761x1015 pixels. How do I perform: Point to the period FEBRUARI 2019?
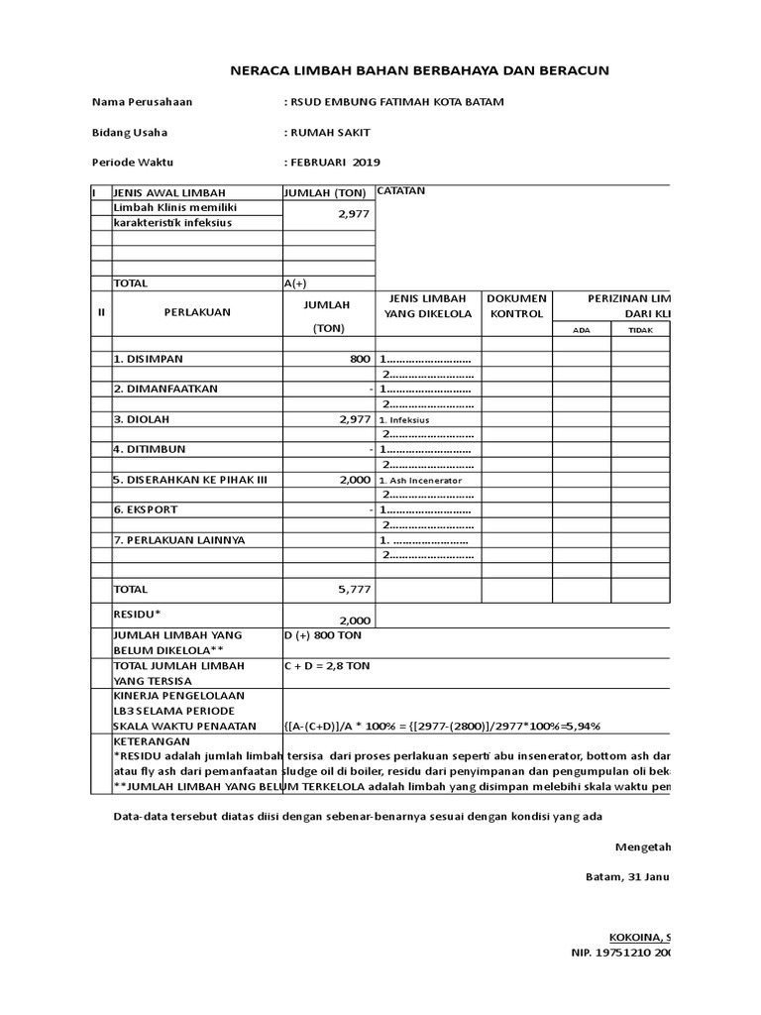tap(332, 162)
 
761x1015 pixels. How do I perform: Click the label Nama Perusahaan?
tap(142, 102)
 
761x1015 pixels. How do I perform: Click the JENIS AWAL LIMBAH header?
tap(169, 192)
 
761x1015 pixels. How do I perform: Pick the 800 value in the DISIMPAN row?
tap(359, 359)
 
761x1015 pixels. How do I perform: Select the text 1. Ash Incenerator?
tap(421, 480)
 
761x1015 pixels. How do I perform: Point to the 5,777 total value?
tap(354, 590)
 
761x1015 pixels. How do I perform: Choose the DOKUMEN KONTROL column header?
tap(516, 305)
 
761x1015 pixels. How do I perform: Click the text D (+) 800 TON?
tap(322, 634)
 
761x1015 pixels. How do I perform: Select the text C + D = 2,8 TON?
tap(326, 666)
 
